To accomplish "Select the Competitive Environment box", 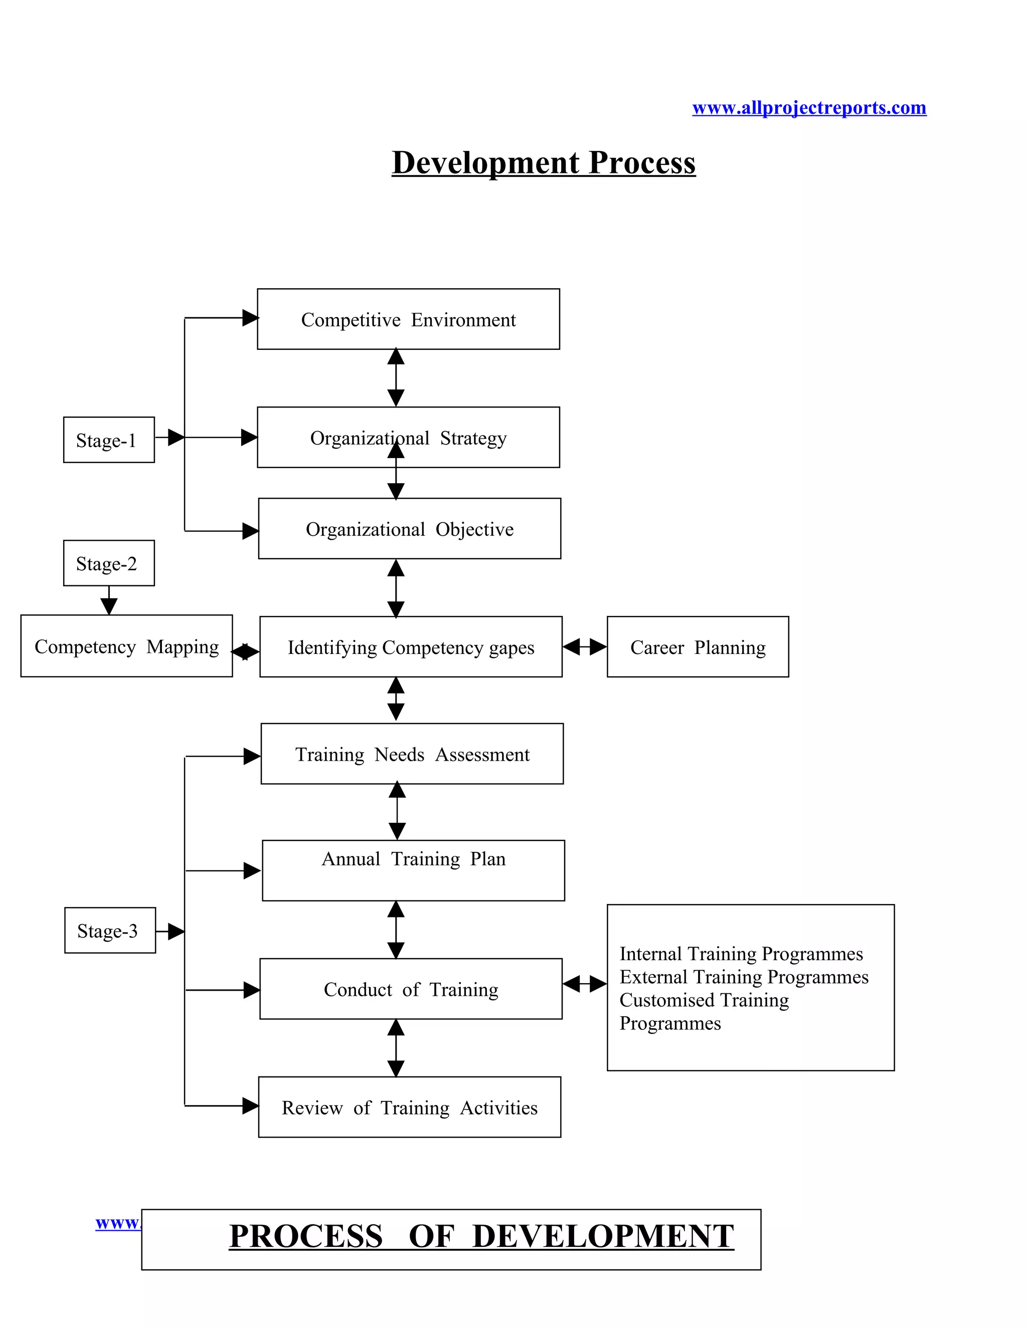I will [x=408, y=319].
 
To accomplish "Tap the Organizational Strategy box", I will [x=408, y=438].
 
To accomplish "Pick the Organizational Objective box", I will [x=410, y=529].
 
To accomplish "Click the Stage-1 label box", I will [x=108, y=440].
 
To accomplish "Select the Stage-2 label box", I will [x=108, y=564].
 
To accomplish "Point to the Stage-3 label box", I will [x=109, y=931].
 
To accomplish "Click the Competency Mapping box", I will [x=126, y=646].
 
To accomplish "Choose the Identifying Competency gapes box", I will [x=411, y=647].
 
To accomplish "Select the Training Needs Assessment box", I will [x=412, y=755].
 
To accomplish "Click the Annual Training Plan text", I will [x=413, y=859].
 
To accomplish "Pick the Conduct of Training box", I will [x=411, y=989].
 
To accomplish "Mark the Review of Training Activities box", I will [x=410, y=1108].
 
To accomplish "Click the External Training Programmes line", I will [x=744, y=977].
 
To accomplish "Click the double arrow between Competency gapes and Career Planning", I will [x=584, y=647].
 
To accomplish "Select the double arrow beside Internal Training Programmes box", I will [x=584, y=983].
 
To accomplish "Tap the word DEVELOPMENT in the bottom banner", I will [x=602, y=1237].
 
